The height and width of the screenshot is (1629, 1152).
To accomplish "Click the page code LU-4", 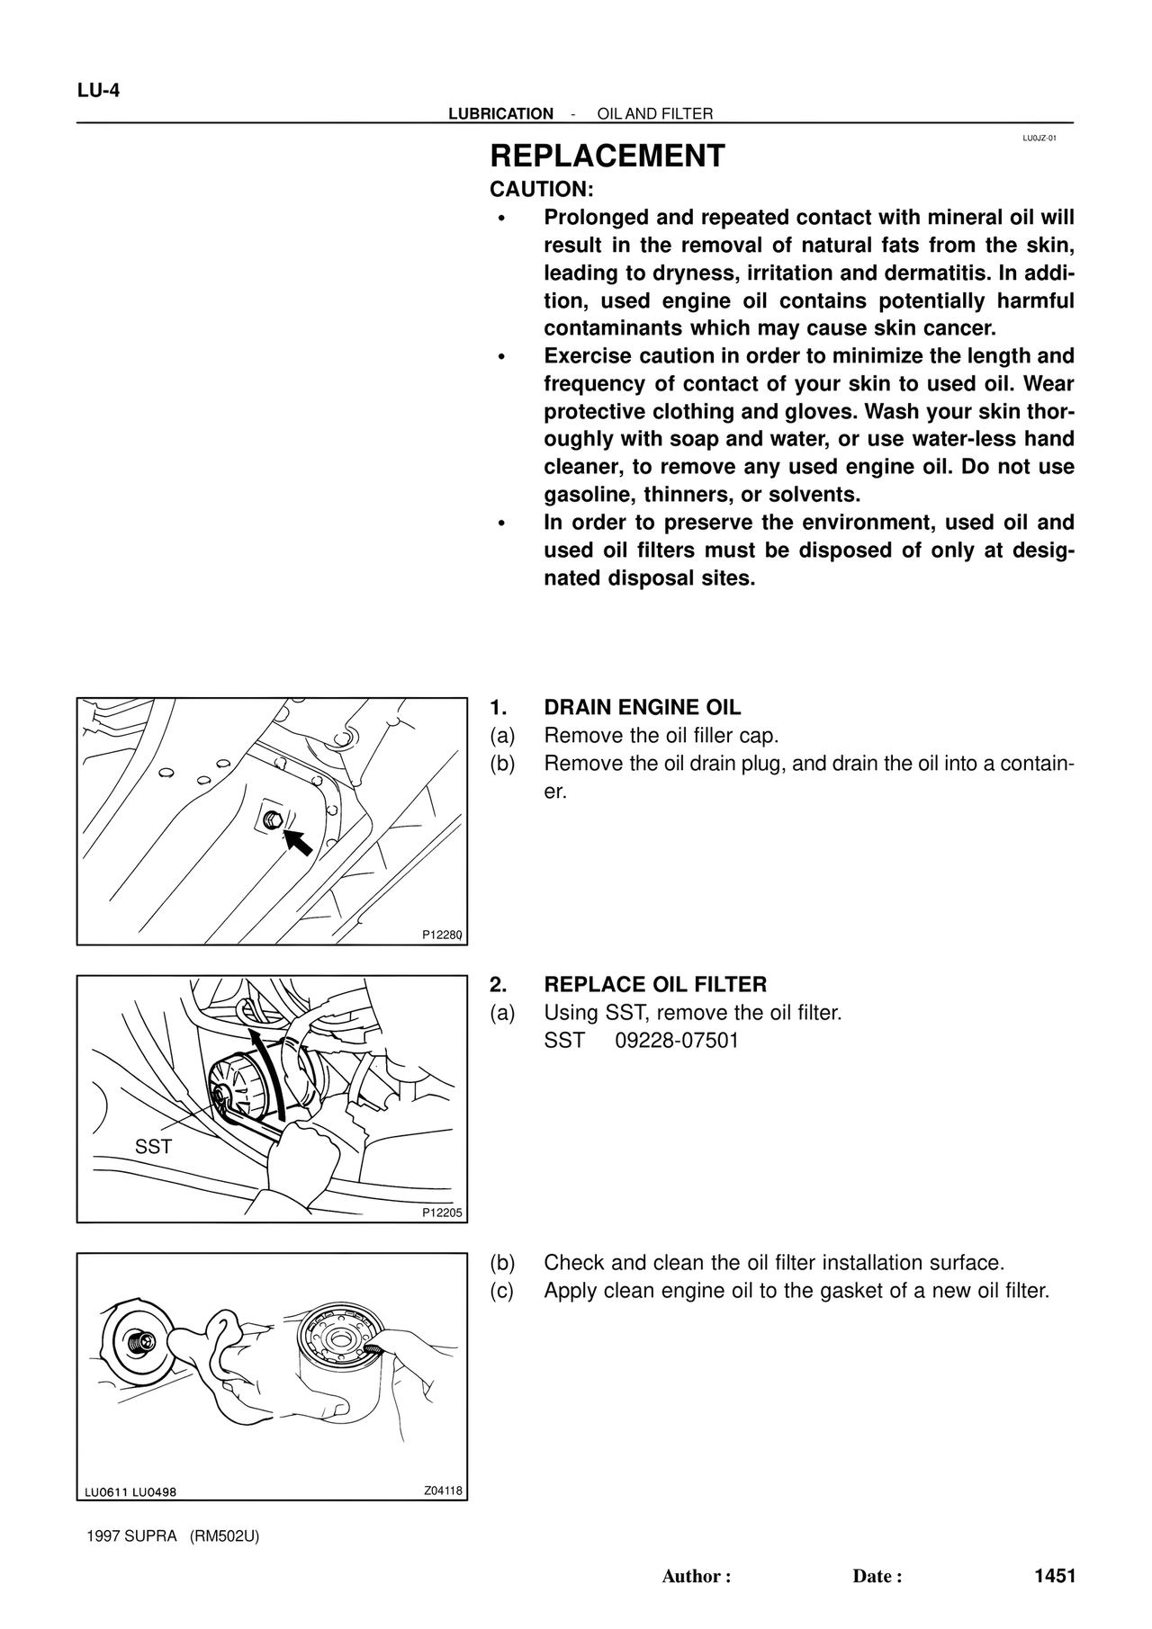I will tap(98, 91).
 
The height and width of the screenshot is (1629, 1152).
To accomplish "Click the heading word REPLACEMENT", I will tap(607, 157).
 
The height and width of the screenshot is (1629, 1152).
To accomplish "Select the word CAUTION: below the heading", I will tap(541, 190).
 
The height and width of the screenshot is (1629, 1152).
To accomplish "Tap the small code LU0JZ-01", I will tap(1039, 139).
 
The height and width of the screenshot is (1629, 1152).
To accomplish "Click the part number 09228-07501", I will tap(677, 1041).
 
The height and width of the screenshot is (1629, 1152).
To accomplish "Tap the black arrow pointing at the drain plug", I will tap(299, 842).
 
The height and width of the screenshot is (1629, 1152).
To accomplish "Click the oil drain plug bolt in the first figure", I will tap(274, 819).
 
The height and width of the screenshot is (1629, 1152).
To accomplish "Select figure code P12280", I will tap(442, 935).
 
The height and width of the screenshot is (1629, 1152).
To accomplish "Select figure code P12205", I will tap(442, 1213).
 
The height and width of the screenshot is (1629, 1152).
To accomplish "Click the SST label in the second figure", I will tap(152, 1147).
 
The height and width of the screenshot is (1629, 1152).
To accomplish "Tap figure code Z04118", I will tap(443, 1490).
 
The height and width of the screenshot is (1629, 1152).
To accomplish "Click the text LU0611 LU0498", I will tap(130, 1492).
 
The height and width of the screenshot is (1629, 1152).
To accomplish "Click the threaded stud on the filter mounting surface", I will tap(139, 1342).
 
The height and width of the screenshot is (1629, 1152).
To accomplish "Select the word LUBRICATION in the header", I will tap(500, 114).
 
